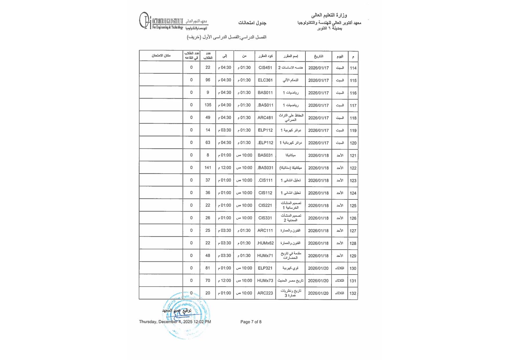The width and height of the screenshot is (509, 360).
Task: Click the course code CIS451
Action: coord(265,67)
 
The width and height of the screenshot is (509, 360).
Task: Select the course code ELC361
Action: coord(265,80)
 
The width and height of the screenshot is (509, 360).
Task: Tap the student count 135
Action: coord(208,105)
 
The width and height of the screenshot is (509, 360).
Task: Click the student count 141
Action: coord(208,168)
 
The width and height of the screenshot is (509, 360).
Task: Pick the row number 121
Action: coord(353,156)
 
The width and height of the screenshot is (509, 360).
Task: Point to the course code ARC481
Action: coord(265,118)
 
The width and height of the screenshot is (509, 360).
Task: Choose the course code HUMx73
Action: coord(265,280)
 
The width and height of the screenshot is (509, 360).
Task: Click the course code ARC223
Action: coord(265,293)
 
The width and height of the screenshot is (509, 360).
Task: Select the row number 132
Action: coord(353,293)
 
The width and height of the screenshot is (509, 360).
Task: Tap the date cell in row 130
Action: coord(318,268)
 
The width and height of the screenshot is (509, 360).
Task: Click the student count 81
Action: coord(208,268)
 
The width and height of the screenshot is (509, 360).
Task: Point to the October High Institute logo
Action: coord(173,21)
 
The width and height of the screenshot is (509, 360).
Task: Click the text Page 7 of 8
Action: coord(251,322)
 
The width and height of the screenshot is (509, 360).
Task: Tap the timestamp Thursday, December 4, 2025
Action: coord(175,322)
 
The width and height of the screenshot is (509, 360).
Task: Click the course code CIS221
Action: coord(265,205)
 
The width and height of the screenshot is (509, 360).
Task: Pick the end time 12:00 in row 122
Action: coord(225,168)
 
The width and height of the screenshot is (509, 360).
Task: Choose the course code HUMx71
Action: coord(265,256)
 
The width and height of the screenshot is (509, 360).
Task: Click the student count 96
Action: coord(208,80)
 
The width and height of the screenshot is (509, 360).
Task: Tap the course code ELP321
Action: coord(265,268)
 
